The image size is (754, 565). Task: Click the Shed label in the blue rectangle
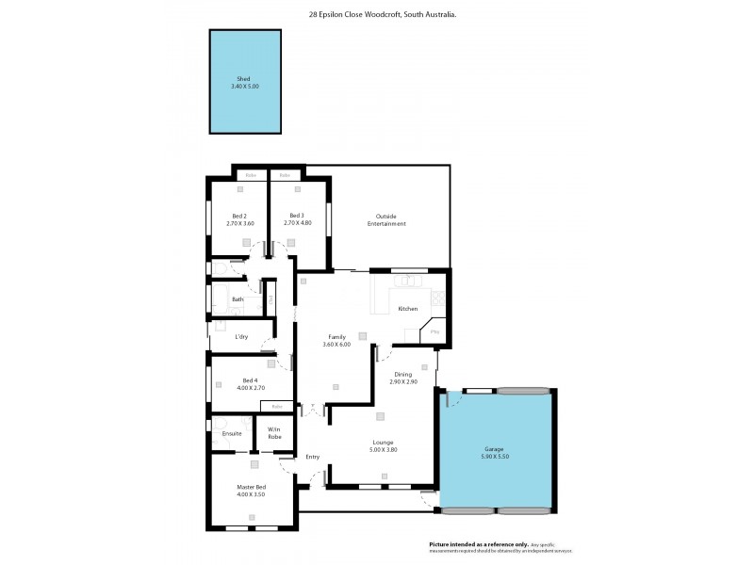(x=244, y=79)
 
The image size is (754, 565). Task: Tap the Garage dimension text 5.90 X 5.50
(x=496, y=456)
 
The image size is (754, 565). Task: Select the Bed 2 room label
(x=240, y=216)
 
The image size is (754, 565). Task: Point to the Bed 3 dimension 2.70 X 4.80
(x=297, y=223)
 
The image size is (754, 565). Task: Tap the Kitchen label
(x=407, y=309)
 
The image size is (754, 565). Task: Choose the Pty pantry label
(x=434, y=331)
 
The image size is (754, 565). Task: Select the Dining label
(x=402, y=374)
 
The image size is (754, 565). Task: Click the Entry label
(x=312, y=457)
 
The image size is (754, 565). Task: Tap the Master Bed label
(x=251, y=486)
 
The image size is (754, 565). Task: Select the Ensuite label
(x=232, y=433)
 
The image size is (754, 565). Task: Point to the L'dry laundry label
(x=241, y=336)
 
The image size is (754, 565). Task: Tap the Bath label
(x=238, y=300)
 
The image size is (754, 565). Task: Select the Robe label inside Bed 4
(x=277, y=406)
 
